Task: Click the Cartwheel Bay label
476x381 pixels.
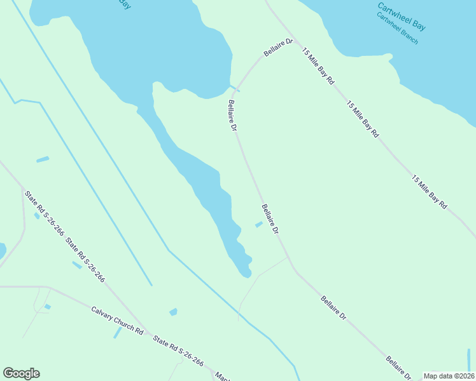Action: click(x=401, y=17)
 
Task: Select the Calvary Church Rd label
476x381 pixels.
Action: click(x=116, y=321)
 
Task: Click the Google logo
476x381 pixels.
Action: click(x=21, y=373)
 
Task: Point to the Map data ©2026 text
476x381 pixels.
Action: click(x=449, y=375)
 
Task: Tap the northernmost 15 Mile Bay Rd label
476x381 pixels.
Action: click(x=318, y=66)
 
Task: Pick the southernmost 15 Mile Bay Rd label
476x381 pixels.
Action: click(x=430, y=192)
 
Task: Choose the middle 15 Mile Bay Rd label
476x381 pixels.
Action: click(x=363, y=119)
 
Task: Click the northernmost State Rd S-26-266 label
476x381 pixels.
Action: click(x=44, y=213)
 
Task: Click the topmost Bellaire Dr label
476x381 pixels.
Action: click(x=278, y=50)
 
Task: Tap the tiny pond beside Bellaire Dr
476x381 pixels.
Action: click(x=258, y=224)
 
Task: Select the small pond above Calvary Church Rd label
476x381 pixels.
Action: click(x=173, y=312)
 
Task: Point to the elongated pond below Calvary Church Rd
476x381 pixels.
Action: click(x=117, y=332)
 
